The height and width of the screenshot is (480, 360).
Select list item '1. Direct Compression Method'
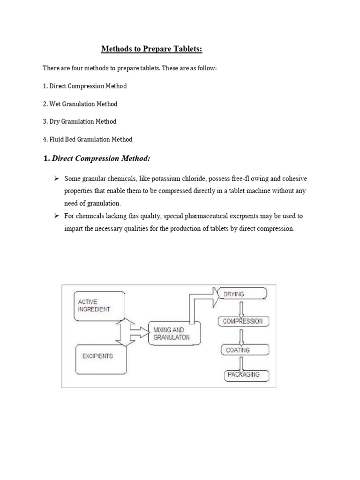pos(85,86)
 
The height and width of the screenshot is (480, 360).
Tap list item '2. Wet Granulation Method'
pos(80,104)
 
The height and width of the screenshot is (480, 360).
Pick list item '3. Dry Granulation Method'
pos(79,121)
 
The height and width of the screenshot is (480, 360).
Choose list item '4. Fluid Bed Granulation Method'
pos(88,139)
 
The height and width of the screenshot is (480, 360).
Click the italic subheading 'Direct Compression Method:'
pos(101,159)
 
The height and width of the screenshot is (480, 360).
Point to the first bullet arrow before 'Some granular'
pos(56,179)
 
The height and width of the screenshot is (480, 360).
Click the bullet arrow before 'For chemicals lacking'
pos(56,216)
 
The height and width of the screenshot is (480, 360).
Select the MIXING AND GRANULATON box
pos(174,333)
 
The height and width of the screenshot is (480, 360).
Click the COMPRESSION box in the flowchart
pos(243,322)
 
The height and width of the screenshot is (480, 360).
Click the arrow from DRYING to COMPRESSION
pos(242,308)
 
